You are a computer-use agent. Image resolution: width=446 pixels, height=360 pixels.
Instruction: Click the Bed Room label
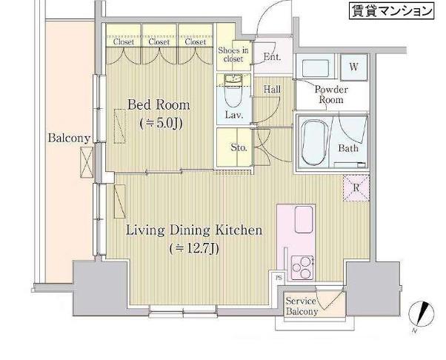click(x=159, y=105)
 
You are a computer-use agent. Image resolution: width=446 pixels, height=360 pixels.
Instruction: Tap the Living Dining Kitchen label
click(x=193, y=230)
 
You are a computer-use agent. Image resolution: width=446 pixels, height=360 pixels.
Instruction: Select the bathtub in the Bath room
click(x=313, y=143)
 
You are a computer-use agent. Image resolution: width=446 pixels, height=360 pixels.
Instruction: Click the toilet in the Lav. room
click(x=233, y=93)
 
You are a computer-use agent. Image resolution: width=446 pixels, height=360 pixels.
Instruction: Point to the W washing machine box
click(x=354, y=67)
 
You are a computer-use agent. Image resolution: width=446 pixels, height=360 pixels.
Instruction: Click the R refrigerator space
click(x=356, y=188)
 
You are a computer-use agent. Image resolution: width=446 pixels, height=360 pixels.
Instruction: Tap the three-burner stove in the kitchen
click(x=302, y=268)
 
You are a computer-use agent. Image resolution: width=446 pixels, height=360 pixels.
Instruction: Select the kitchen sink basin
click(x=304, y=219)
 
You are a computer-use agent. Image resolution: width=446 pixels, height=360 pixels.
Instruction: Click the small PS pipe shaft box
click(x=279, y=278)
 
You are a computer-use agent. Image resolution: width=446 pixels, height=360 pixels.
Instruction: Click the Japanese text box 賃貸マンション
click(x=392, y=11)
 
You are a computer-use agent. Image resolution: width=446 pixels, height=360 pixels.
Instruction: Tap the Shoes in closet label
click(x=233, y=55)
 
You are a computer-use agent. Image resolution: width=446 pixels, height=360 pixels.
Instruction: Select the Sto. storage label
click(x=239, y=147)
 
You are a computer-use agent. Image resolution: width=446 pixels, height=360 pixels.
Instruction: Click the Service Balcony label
click(x=302, y=306)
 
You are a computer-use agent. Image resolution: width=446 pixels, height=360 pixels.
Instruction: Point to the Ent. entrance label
click(x=273, y=56)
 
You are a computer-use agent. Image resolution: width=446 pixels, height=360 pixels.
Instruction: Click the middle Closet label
click(x=159, y=41)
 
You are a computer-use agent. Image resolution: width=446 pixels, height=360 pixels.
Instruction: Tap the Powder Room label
click(x=331, y=95)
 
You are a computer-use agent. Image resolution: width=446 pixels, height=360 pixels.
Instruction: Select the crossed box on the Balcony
click(x=87, y=162)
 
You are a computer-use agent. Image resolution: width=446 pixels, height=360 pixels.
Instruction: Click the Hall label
click(x=272, y=90)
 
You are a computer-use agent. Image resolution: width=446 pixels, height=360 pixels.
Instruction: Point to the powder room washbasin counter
click(x=315, y=68)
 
